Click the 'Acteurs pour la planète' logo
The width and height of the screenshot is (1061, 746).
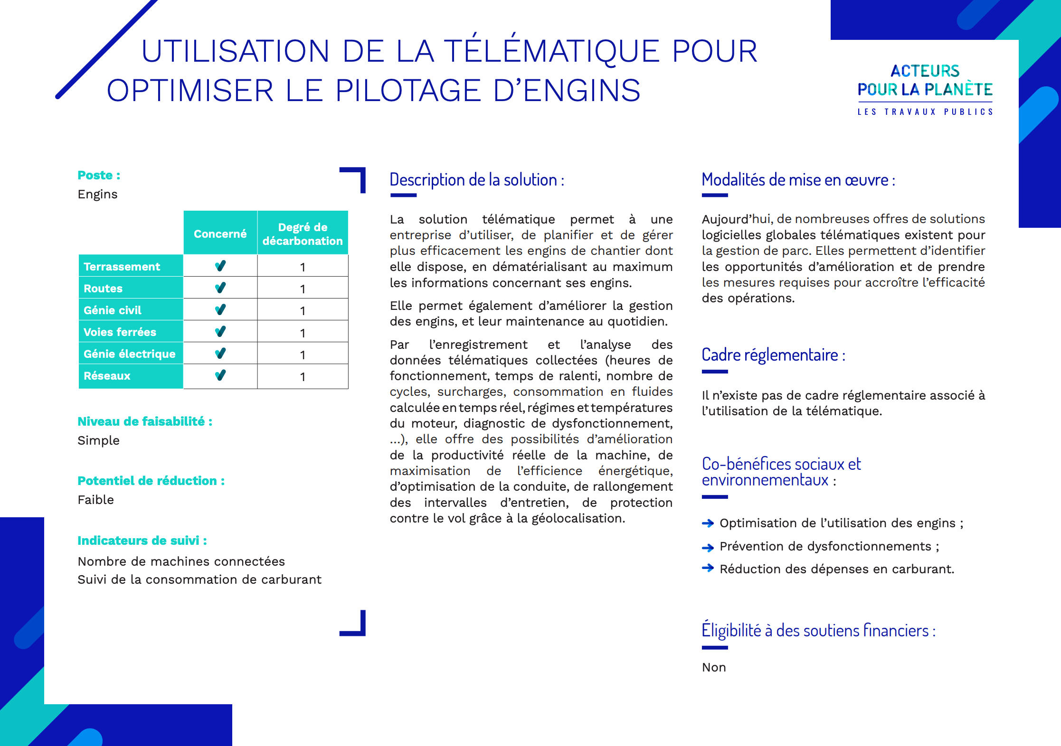tap(925, 89)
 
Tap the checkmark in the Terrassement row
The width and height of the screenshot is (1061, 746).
tap(220, 266)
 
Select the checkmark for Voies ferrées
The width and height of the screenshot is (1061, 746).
tap(220, 332)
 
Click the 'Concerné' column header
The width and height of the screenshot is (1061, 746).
tap(220, 233)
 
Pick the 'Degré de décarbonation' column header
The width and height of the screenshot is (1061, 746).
tap(303, 233)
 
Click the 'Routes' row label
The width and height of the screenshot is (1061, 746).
tap(103, 289)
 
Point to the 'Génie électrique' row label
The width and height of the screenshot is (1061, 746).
tap(129, 354)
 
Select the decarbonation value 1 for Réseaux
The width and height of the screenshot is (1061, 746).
tap(303, 377)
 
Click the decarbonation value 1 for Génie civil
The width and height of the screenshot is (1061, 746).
tap(303, 311)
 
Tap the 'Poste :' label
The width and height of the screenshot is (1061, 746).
tap(99, 175)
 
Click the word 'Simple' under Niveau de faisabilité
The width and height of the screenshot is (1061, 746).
tap(98, 440)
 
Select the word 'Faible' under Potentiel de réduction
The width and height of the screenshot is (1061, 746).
tap(95, 500)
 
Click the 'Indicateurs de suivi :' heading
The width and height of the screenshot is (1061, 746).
tap(142, 541)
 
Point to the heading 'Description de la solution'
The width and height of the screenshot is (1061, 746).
tap(476, 180)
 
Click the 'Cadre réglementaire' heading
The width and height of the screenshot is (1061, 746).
tap(773, 355)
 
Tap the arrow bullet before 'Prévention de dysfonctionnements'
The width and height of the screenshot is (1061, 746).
tap(708, 547)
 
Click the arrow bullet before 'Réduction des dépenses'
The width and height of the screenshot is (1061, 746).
tap(708, 568)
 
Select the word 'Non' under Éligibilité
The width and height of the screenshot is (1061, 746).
tap(714, 667)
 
